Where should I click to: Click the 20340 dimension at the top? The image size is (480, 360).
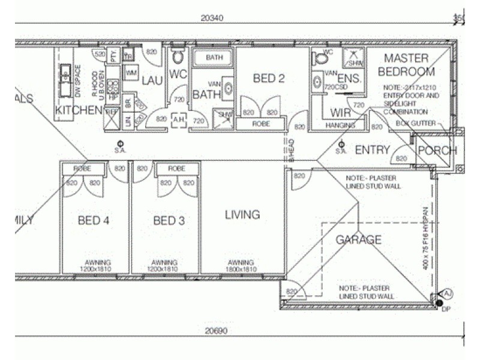[213, 18]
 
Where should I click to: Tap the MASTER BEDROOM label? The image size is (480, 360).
[406, 65]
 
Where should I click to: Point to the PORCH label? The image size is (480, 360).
[437, 151]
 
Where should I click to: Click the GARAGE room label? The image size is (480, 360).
[358, 240]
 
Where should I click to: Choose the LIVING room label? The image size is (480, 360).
[242, 215]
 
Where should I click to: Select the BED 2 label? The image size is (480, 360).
[268, 79]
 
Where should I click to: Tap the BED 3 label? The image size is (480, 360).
[169, 221]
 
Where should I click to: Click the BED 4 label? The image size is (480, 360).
[94, 221]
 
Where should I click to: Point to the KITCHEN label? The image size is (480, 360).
[79, 110]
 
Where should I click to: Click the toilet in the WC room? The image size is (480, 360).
[178, 58]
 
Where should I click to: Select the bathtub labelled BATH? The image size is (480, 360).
[214, 58]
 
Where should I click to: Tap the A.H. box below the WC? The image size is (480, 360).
[178, 119]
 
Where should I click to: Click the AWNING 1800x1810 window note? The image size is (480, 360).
[242, 266]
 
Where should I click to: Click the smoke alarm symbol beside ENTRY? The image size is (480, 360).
[341, 144]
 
